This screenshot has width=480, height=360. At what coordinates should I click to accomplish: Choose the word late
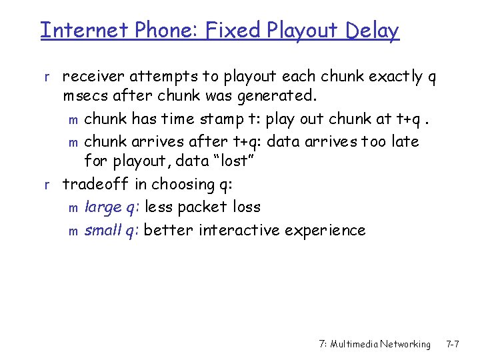(x=404, y=141)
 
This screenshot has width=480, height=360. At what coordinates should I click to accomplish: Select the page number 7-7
(x=453, y=344)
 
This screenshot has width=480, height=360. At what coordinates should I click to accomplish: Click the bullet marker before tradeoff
(x=46, y=185)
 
